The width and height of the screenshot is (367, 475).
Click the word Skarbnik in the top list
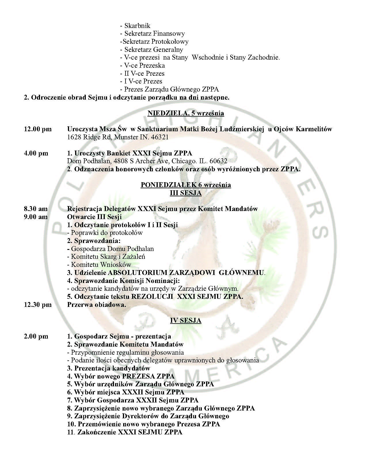tap(137, 26)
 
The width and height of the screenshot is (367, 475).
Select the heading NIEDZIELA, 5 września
tap(186, 113)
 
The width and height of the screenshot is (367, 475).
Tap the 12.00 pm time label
tap(38, 129)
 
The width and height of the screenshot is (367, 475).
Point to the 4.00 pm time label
tap(36, 153)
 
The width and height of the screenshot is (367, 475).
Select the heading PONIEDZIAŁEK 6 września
tap(186, 185)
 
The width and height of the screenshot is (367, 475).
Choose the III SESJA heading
tap(186, 193)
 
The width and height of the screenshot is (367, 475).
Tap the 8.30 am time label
tap(36, 209)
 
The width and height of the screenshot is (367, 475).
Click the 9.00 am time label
tap(36, 217)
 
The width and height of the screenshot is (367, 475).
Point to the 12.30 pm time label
tap(38, 305)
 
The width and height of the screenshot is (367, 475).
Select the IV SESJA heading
tap(186, 320)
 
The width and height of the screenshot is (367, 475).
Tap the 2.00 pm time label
tap(36, 336)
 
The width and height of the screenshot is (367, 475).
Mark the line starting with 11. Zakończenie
tap(125, 432)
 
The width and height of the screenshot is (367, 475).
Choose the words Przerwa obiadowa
tap(96, 305)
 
